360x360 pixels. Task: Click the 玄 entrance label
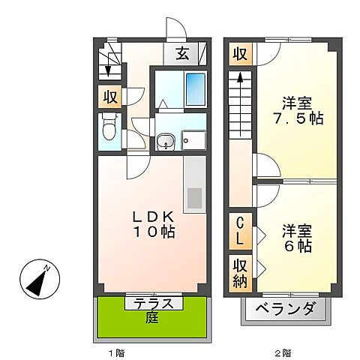[x=183, y=53]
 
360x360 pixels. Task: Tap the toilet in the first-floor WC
[x=109, y=130]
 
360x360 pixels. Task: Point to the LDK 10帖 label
[x=154, y=223]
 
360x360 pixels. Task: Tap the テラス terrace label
[x=154, y=304]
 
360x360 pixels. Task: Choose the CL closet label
[x=240, y=231]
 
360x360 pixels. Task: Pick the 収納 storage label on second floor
[x=240, y=271]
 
